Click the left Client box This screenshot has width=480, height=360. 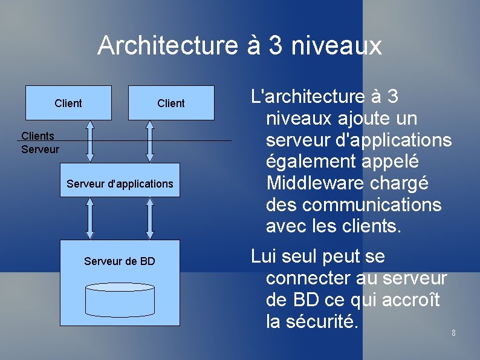point(68,103)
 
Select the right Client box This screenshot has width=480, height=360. point(171,103)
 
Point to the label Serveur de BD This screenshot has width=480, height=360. point(120,261)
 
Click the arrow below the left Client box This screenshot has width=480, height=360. point(90,141)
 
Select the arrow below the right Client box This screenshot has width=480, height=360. point(149,141)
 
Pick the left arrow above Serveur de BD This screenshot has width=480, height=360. point(90,218)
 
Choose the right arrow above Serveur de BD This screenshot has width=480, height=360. point(149,218)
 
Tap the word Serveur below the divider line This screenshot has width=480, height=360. point(40,149)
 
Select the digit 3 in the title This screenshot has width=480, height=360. point(276,45)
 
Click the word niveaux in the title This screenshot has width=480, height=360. point(336,46)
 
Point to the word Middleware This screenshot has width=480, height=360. point(347,183)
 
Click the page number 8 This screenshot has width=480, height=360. point(453,333)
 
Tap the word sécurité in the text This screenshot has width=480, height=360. point(321,321)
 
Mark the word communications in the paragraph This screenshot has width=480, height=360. point(372,205)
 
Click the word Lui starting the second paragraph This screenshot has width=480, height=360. point(264,257)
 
